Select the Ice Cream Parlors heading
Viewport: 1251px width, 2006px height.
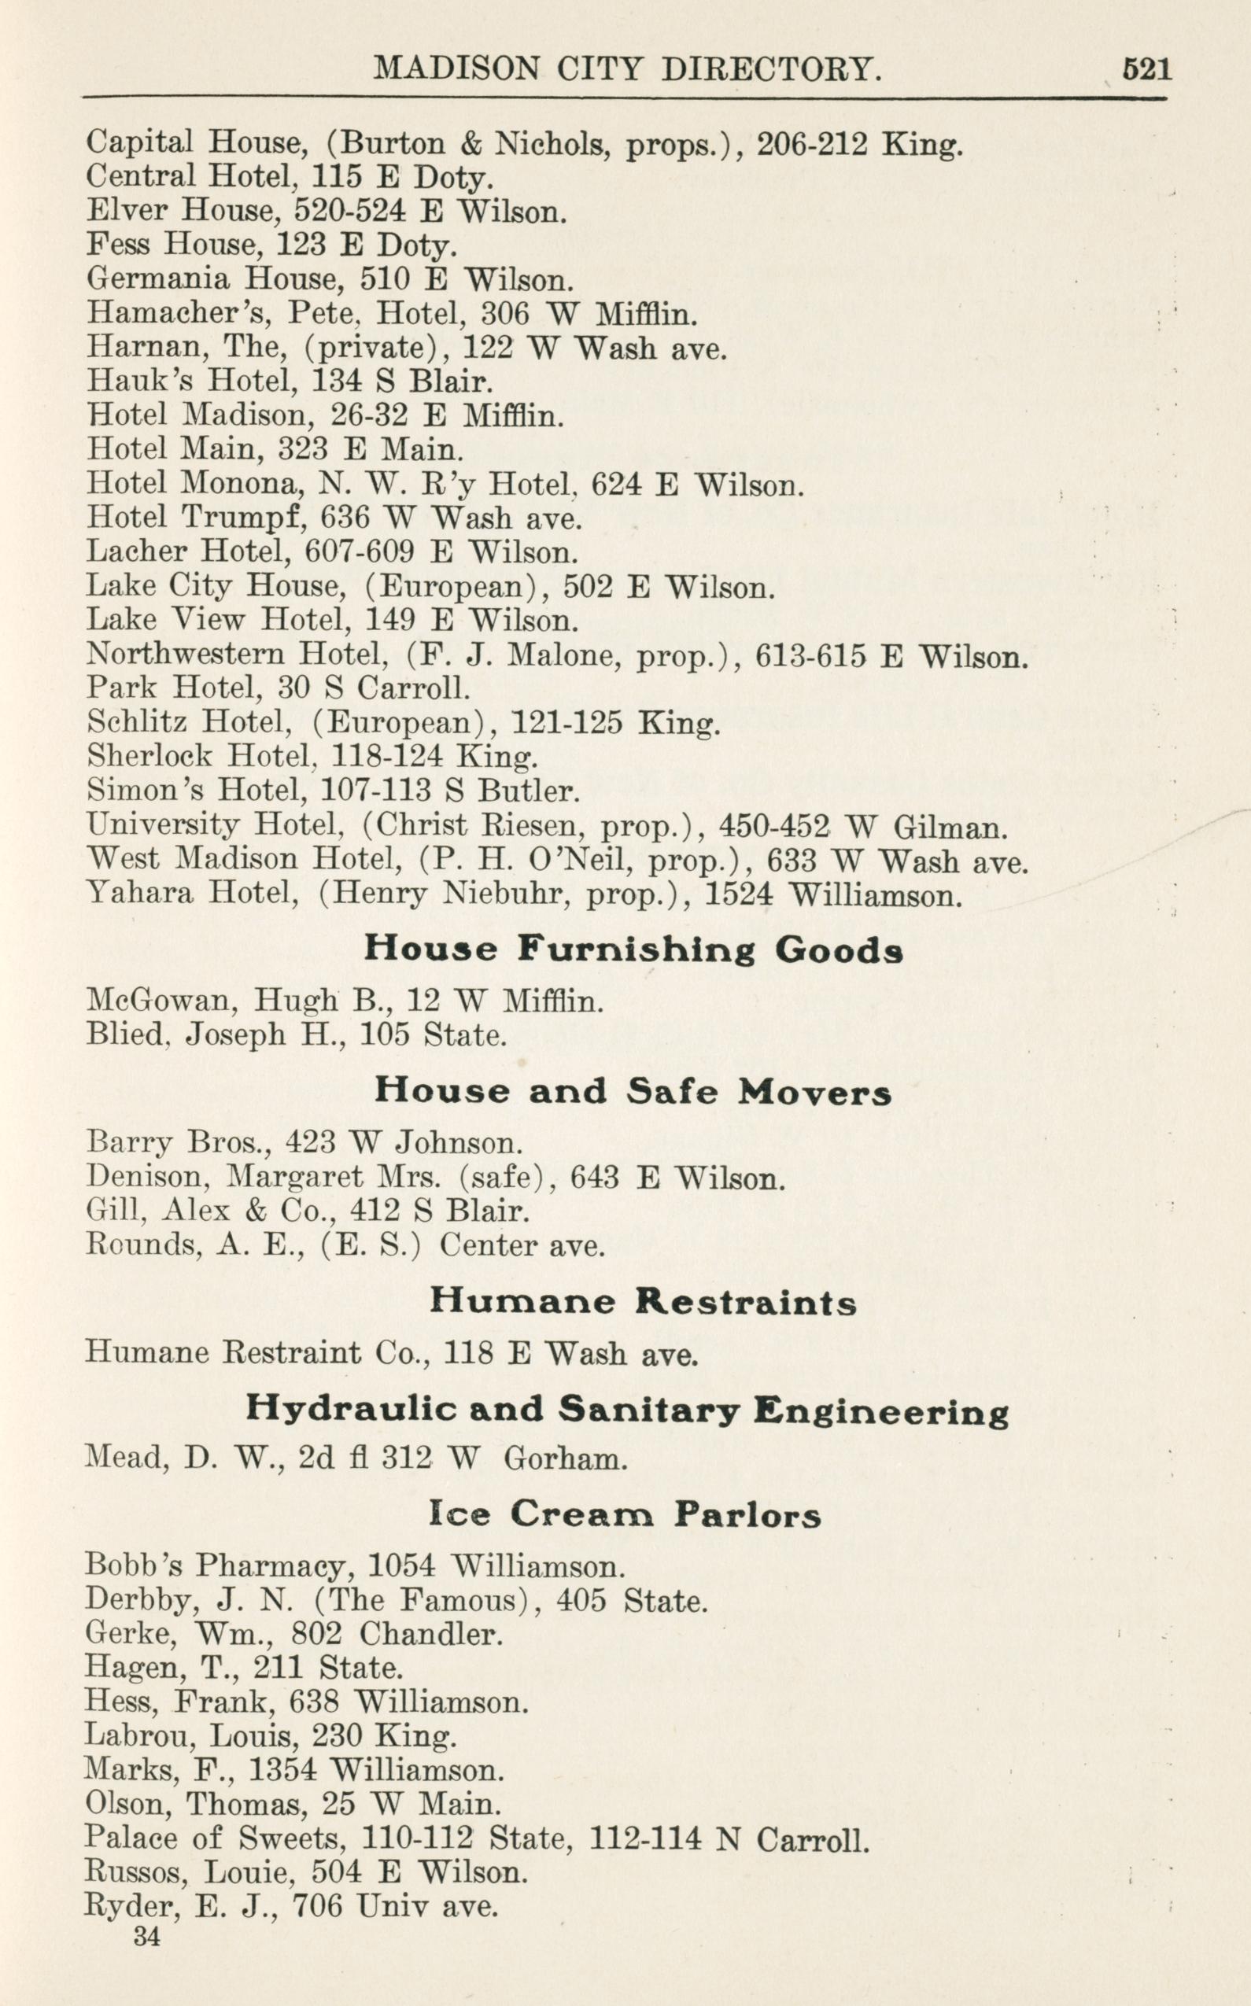pos(625,1514)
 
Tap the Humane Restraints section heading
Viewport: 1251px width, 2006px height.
pos(643,1303)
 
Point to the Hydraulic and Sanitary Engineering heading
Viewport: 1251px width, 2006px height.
pos(626,1409)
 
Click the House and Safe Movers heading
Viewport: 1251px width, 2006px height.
pos(633,1092)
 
